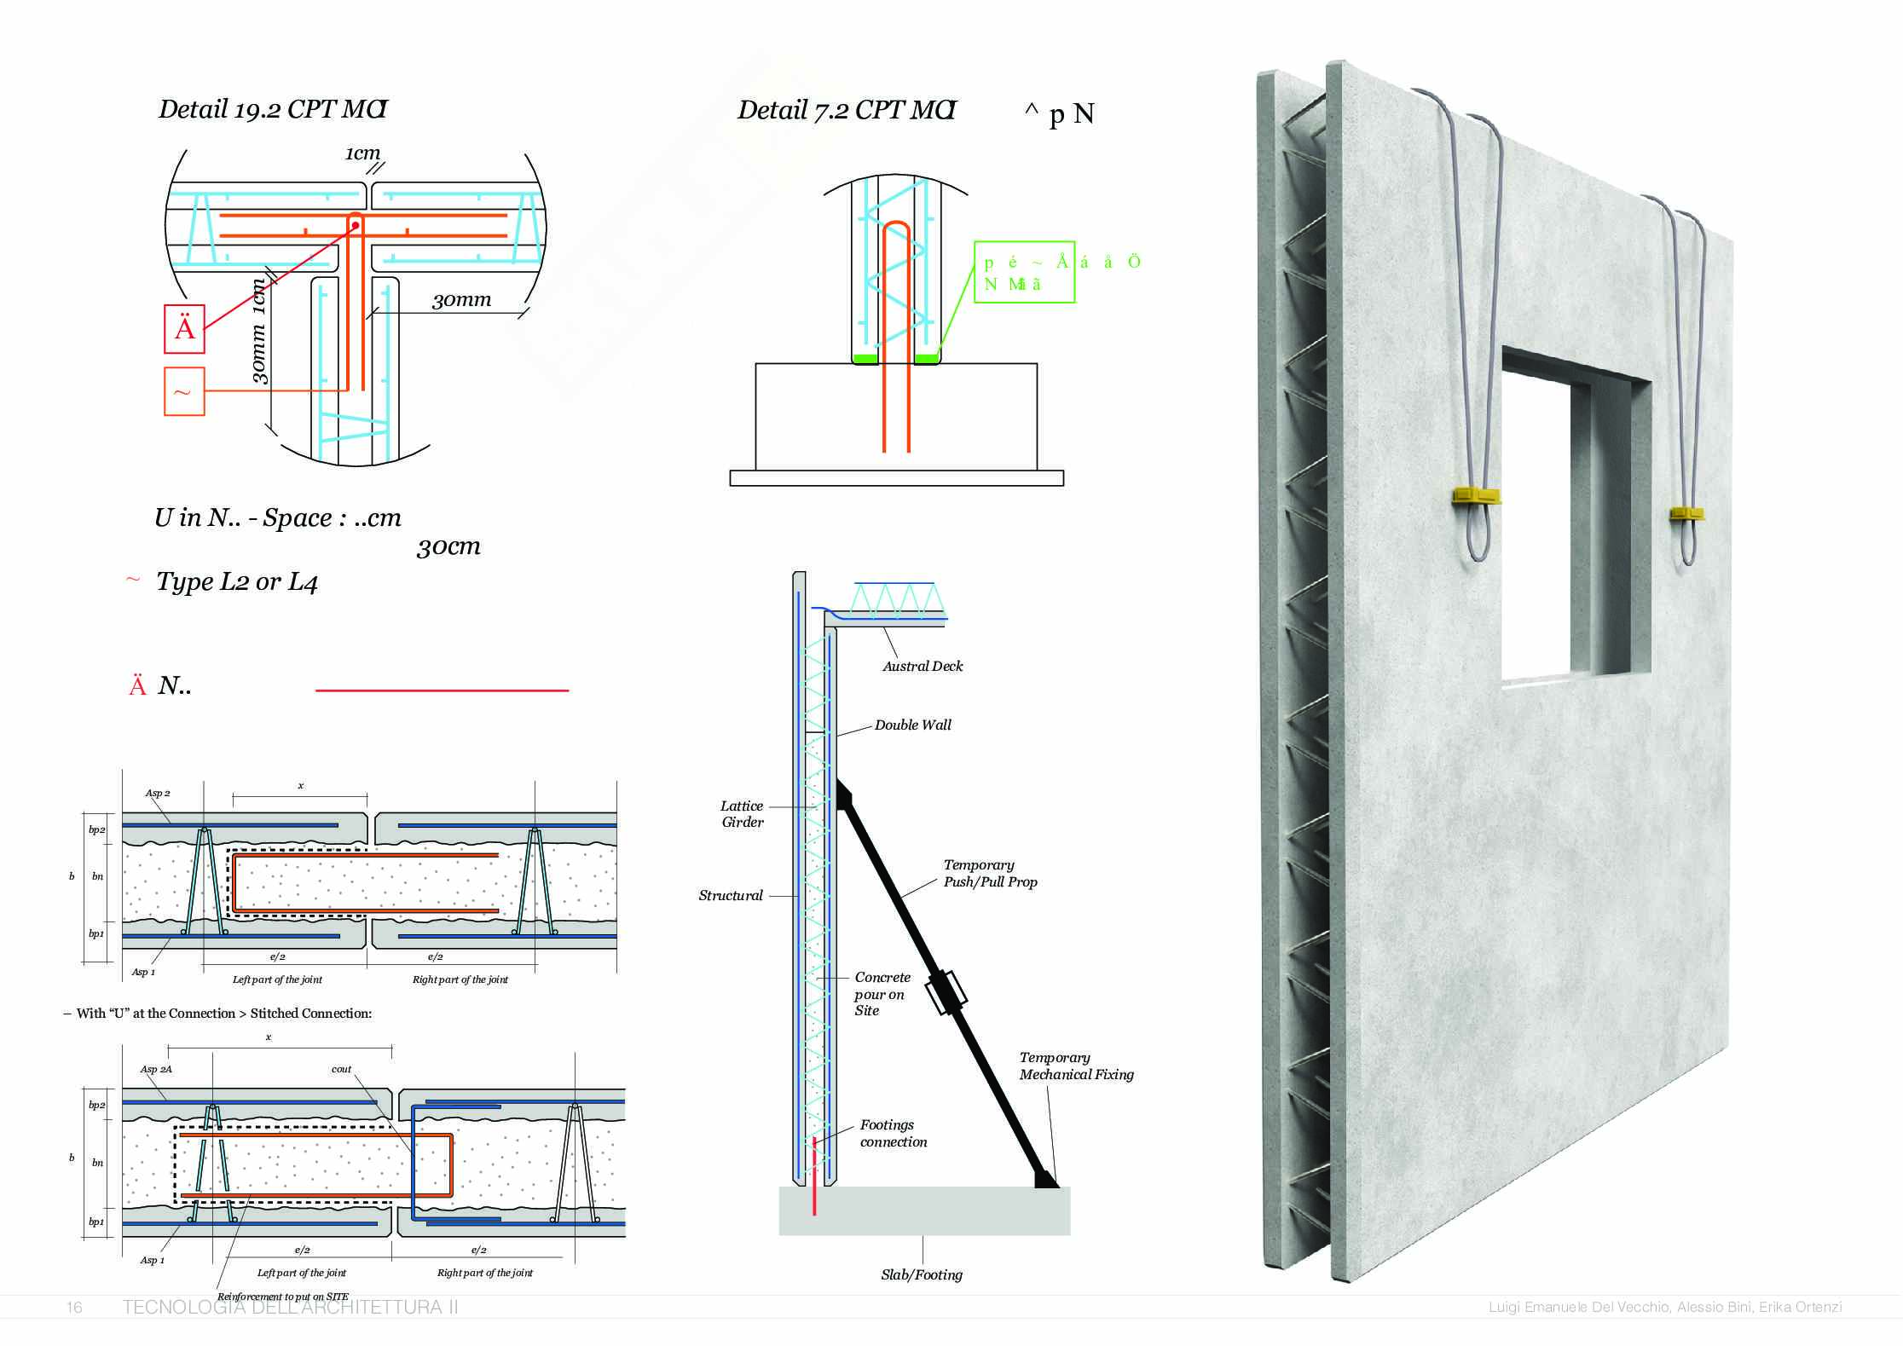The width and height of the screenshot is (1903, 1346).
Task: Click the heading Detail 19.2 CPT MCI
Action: click(x=273, y=109)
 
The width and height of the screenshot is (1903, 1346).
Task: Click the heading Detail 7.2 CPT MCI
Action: click(x=847, y=110)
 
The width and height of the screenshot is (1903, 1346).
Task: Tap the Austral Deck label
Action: click(x=923, y=667)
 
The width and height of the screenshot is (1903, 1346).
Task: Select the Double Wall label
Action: click(x=912, y=725)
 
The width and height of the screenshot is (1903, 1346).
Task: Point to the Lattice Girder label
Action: click(x=742, y=814)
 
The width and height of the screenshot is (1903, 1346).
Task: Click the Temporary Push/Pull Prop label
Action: click(x=990, y=874)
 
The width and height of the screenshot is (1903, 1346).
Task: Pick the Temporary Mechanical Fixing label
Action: click(x=1076, y=1066)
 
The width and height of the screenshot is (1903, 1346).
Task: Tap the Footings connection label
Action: click(x=893, y=1134)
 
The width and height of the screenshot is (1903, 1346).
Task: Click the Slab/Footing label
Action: click(x=922, y=1275)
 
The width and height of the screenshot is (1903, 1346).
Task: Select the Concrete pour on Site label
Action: click(x=882, y=994)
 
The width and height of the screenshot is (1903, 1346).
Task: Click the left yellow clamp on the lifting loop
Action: click(x=1476, y=495)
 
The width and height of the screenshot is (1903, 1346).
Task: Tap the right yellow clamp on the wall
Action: click(x=1686, y=513)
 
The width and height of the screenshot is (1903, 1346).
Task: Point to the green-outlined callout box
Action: click(x=1024, y=272)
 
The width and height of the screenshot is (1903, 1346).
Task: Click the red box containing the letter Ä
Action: click(x=184, y=328)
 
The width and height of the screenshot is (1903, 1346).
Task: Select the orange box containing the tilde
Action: click(x=184, y=391)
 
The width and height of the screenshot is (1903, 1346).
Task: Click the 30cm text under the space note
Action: click(x=448, y=547)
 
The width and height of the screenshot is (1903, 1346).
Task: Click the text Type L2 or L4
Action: click(x=236, y=582)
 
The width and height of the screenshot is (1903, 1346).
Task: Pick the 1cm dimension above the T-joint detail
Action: click(x=362, y=153)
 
